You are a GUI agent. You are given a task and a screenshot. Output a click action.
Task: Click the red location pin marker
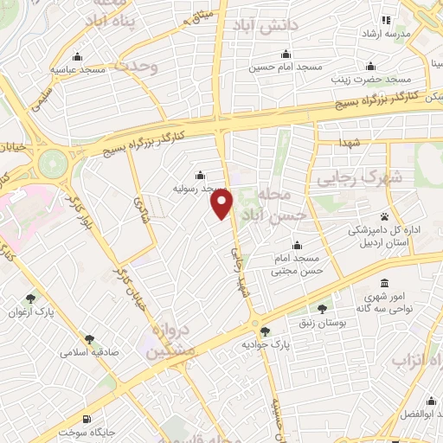222,204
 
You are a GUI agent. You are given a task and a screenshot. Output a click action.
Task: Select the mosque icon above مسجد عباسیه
78,54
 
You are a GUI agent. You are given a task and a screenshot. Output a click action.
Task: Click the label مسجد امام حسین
286,67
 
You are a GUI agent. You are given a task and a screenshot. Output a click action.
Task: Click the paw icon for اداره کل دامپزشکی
383,216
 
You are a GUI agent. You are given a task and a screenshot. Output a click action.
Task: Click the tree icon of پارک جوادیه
265,331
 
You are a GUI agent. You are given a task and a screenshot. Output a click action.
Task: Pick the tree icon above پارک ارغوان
33,298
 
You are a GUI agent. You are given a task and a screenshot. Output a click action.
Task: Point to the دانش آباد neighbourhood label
264,27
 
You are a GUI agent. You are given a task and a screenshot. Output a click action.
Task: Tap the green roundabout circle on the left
52,162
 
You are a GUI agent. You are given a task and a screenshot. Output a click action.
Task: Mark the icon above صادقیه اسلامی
88,339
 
